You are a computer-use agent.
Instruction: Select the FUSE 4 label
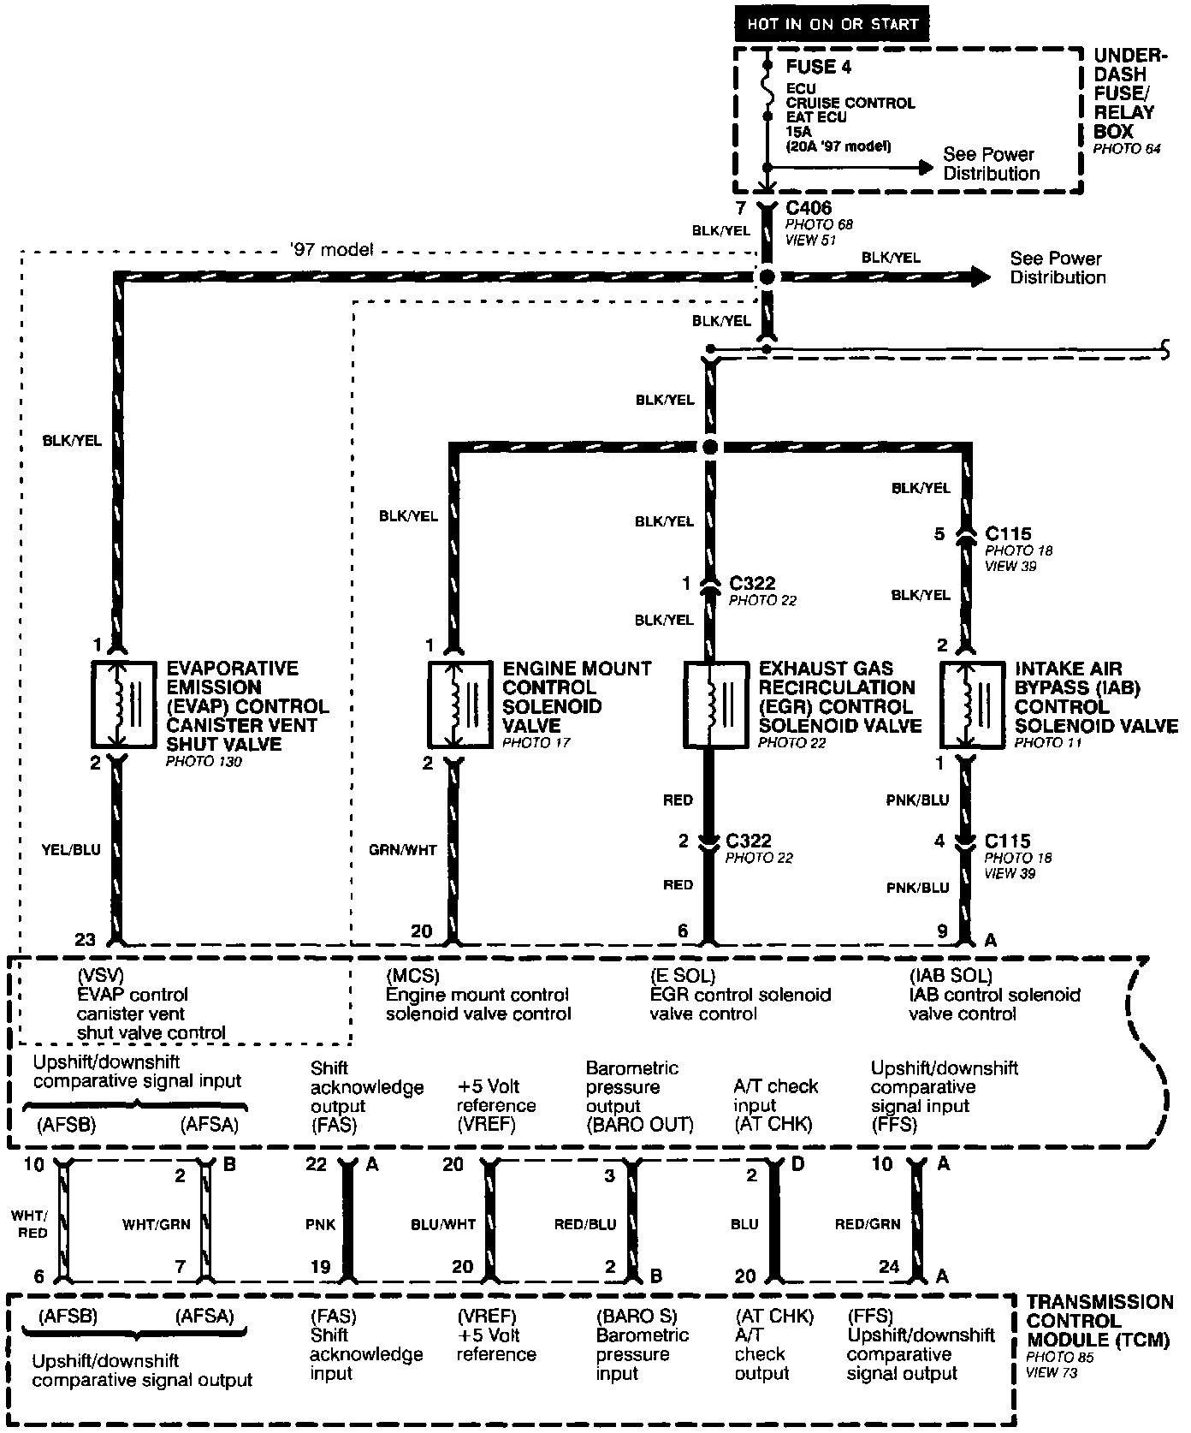click(819, 67)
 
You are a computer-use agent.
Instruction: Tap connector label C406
click(808, 208)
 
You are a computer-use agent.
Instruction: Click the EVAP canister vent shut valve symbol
click(124, 705)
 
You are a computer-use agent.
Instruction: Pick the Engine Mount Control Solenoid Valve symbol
click(459, 705)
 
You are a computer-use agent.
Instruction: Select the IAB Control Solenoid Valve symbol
click(971, 705)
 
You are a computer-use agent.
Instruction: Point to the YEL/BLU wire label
click(72, 850)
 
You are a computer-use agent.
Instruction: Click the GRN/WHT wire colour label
click(403, 850)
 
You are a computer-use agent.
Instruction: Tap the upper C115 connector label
click(1008, 534)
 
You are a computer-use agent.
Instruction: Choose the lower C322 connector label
click(750, 841)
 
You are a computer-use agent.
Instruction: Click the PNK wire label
click(321, 1225)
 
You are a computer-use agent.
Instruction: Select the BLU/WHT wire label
click(443, 1225)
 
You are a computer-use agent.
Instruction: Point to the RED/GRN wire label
click(868, 1225)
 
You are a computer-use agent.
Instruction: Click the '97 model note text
click(331, 250)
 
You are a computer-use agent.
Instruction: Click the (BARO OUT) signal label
click(639, 1125)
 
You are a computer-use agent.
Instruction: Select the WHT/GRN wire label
click(157, 1225)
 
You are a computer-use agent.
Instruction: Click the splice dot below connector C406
click(767, 277)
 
